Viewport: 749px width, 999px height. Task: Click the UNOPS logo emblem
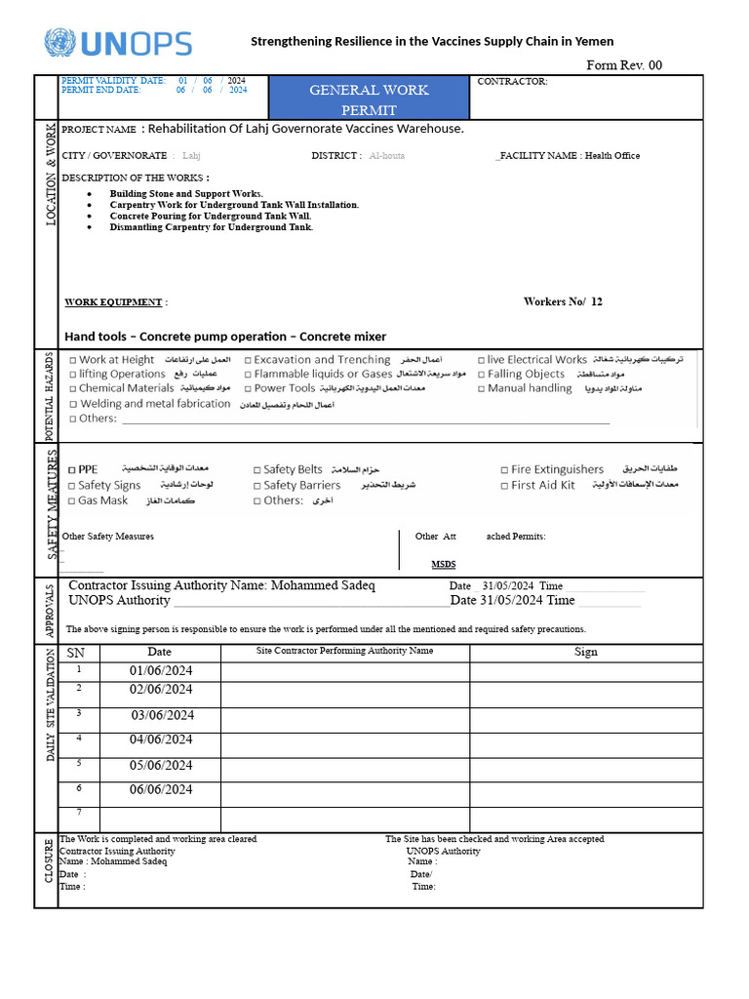coord(59,43)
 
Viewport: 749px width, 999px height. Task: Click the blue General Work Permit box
coord(369,99)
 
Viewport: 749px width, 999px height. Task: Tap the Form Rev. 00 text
coord(623,65)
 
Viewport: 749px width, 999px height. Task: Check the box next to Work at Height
coord(73,360)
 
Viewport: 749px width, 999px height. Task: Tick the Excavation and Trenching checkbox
coord(248,360)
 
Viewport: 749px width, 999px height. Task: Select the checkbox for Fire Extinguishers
coord(504,470)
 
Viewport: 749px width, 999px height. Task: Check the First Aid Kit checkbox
coord(504,486)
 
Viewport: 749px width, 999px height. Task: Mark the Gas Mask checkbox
coord(73,500)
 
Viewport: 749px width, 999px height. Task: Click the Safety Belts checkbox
coord(256,470)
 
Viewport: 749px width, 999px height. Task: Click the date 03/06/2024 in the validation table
coord(162,715)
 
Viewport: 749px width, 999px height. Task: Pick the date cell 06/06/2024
coord(162,790)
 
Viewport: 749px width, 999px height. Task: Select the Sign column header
coord(585,652)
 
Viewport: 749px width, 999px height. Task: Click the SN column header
coord(75,652)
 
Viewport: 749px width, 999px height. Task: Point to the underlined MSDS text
coord(443,564)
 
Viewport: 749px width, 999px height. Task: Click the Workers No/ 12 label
coord(563,301)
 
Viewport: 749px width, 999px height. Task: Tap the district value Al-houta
coord(387,156)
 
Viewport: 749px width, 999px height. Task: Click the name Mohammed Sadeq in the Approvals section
coord(323,585)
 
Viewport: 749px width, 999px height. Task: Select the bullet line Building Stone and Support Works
coord(186,194)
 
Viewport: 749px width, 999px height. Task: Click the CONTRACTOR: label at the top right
coord(512,82)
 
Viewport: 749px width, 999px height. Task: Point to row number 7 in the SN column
coord(79,813)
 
